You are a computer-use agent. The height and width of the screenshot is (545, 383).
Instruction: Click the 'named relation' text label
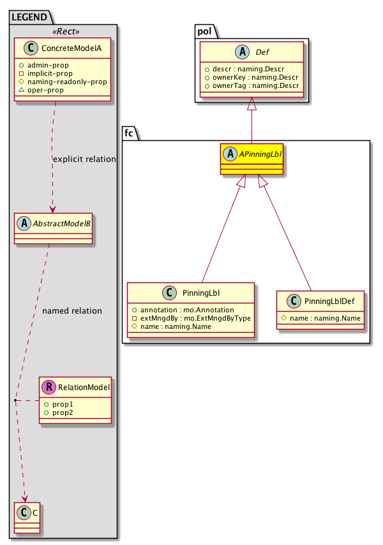[71, 311]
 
